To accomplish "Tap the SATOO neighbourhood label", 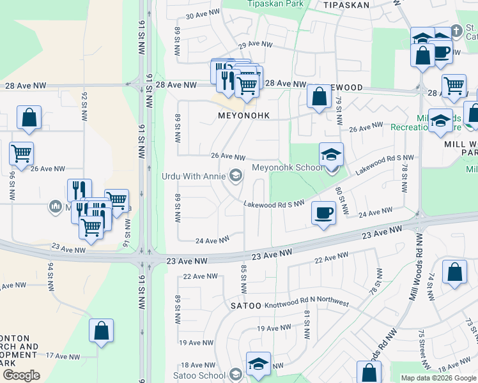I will [x=246, y=306].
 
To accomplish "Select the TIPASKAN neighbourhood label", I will [x=347, y=4].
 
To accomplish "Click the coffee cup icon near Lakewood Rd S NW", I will [x=324, y=213].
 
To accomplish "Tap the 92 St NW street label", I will [x=84, y=106].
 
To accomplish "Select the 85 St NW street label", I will [x=243, y=275].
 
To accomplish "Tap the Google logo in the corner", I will [x=21, y=375].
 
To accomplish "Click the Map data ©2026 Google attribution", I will [x=438, y=378].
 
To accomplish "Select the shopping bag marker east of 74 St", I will [x=454, y=272].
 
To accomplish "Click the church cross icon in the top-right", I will [x=456, y=30].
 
